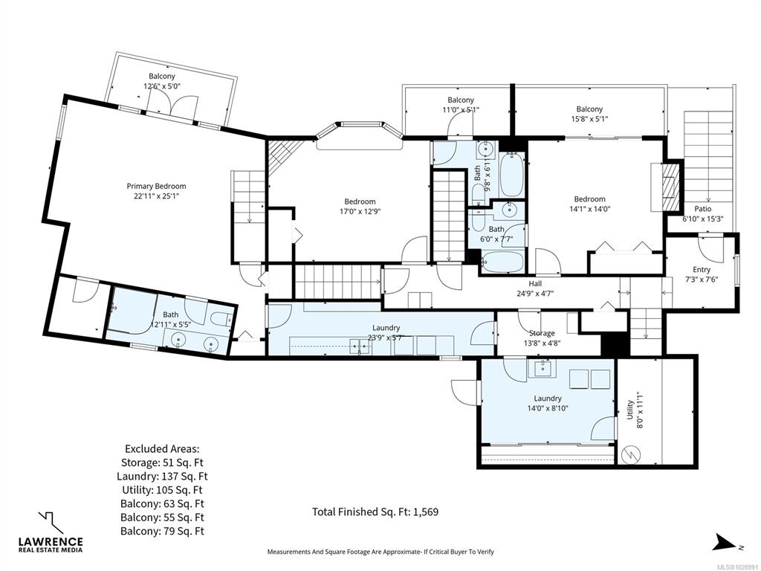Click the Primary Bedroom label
(156, 186)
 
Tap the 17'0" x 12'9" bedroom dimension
(360, 211)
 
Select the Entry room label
(702, 269)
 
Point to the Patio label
(703, 209)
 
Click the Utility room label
(629, 410)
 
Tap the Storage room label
(542, 333)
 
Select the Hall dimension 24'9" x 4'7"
(536, 293)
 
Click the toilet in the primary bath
(221, 320)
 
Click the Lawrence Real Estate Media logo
(51, 532)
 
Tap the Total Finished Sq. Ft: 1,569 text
(375, 512)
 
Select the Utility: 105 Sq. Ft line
(162, 490)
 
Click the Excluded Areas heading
(162, 448)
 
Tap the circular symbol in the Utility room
(632, 454)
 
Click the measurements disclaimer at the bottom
(380, 552)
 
